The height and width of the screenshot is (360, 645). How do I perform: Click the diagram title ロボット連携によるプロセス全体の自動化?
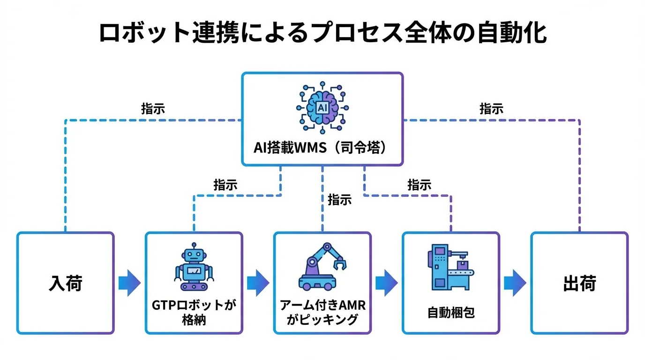point(322,33)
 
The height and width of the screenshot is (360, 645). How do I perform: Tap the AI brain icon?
point(322,107)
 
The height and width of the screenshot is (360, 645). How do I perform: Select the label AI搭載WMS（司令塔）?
point(322,147)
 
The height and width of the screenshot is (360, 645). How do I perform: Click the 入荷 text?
point(66,284)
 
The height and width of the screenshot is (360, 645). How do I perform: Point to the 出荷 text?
point(579,284)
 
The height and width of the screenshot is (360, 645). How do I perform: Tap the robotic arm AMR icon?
point(322,266)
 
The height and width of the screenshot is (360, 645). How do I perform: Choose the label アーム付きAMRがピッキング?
point(322,313)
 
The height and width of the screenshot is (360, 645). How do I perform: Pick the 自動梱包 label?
point(451,313)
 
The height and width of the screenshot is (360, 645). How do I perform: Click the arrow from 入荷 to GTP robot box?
point(129,283)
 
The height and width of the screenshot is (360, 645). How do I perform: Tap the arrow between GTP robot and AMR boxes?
point(258,283)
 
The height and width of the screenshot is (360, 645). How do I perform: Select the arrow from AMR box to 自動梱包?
point(386,283)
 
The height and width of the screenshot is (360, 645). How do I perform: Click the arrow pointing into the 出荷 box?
point(515,283)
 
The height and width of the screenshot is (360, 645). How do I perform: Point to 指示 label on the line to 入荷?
point(153,109)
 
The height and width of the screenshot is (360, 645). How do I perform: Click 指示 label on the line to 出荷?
point(491,109)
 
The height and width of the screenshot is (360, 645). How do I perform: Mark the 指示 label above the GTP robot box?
point(225,185)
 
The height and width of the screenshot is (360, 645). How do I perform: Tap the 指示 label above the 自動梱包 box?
point(420,185)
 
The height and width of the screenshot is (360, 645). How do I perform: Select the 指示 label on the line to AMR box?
point(340,200)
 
